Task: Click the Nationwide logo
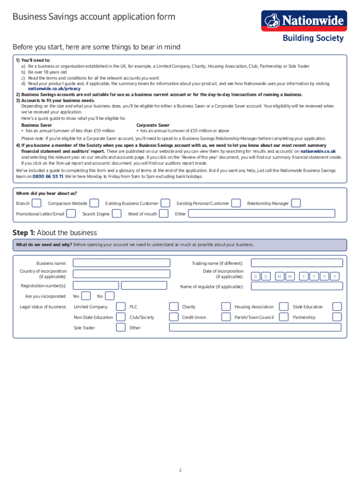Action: pyautogui.click(x=304, y=21)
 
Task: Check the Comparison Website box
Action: pyautogui.click(x=94, y=203)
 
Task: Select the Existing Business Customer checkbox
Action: pyautogui.click(x=166, y=203)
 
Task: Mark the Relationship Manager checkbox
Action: pyautogui.click(x=295, y=203)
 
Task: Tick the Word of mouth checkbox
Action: pyautogui.click(x=164, y=214)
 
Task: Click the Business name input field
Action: pyautogui.click(x=122, y=263)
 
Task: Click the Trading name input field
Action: pyautogui.click(x=296, y=263)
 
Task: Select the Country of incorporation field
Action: pyautogui.click(x=122, y=274)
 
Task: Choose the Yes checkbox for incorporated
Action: pyautogui.click(x=86, y=296)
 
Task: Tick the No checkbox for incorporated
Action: pyautogui.click(x=109, y=296)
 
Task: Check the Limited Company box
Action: pyautogui.click(x=120, y=307)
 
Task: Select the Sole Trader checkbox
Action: pyautogui.click(x=120, y=327)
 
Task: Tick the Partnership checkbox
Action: pyautogui.click(x=337, y=317)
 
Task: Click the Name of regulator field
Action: pyautogui.click(x=296, y=286)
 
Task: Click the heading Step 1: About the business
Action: pyautogui.click(x=55, y=232)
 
